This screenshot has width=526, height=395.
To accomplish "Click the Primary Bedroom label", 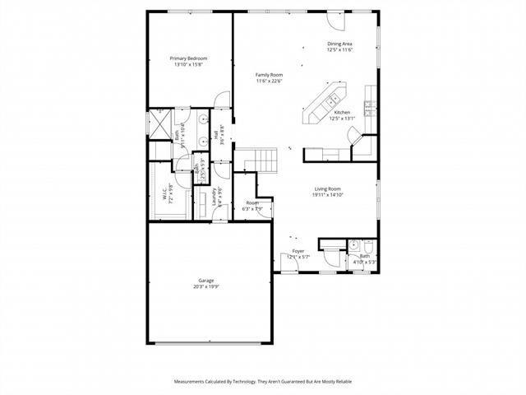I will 188,58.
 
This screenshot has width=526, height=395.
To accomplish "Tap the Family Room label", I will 269,75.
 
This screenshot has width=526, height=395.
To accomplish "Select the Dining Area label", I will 339,44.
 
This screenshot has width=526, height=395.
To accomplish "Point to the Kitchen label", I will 341,112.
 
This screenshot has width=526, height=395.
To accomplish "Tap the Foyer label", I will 298,251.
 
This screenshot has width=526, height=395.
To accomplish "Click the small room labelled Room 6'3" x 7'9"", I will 252,206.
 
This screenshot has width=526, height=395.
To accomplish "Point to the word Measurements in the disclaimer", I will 194,382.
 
